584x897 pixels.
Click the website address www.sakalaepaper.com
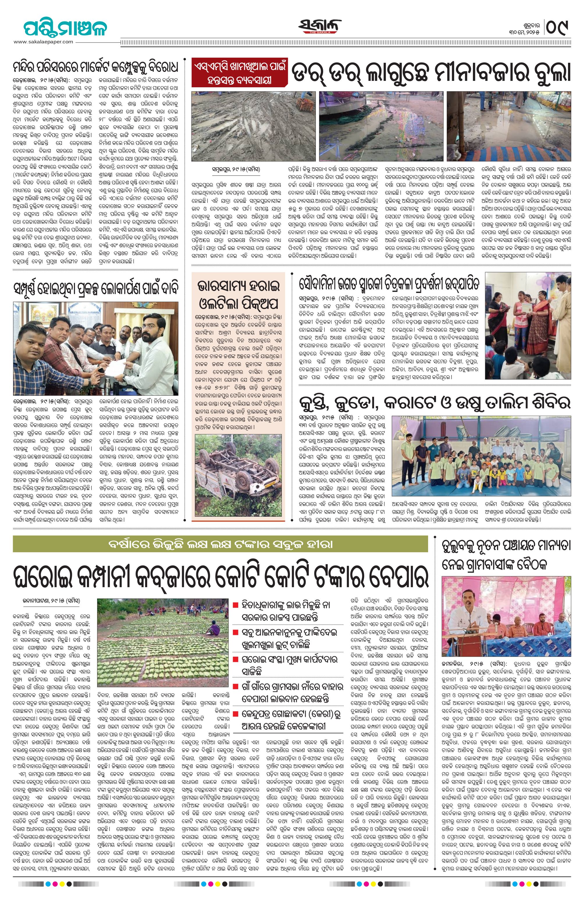point(43,42)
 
